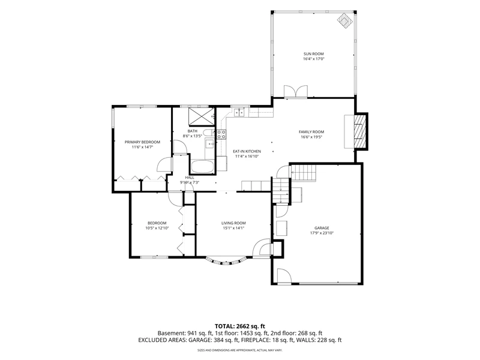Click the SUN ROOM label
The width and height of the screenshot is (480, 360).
[313, 54]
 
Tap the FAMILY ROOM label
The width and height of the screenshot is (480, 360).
[311, 132]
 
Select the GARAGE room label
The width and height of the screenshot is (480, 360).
[322, 228]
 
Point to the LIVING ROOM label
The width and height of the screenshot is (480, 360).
[233, 223]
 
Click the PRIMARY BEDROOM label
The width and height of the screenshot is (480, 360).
[142, 142]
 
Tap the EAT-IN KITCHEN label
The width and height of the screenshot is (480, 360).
[247, 151]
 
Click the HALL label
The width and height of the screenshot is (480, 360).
[190, 178]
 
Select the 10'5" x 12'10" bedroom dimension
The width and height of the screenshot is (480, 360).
[157, 228]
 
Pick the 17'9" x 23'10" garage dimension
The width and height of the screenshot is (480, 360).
[322, 233]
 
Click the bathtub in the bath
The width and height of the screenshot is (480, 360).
[202, 167]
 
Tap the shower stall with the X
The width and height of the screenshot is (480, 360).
[202, 116]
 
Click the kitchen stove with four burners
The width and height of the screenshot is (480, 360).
[221, 134]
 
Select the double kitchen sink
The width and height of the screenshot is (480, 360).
[239, 112]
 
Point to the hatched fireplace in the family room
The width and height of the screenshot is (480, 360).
[360, 131]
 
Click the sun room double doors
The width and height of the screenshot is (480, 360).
[295, 92]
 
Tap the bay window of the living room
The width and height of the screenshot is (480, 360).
[226, 261]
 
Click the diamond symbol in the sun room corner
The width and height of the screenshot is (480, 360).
[345, 20]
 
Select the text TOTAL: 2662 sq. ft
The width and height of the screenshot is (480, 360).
[239, 326]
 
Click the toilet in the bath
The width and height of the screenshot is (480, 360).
[209, 133]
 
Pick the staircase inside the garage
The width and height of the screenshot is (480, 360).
[304, 173]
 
